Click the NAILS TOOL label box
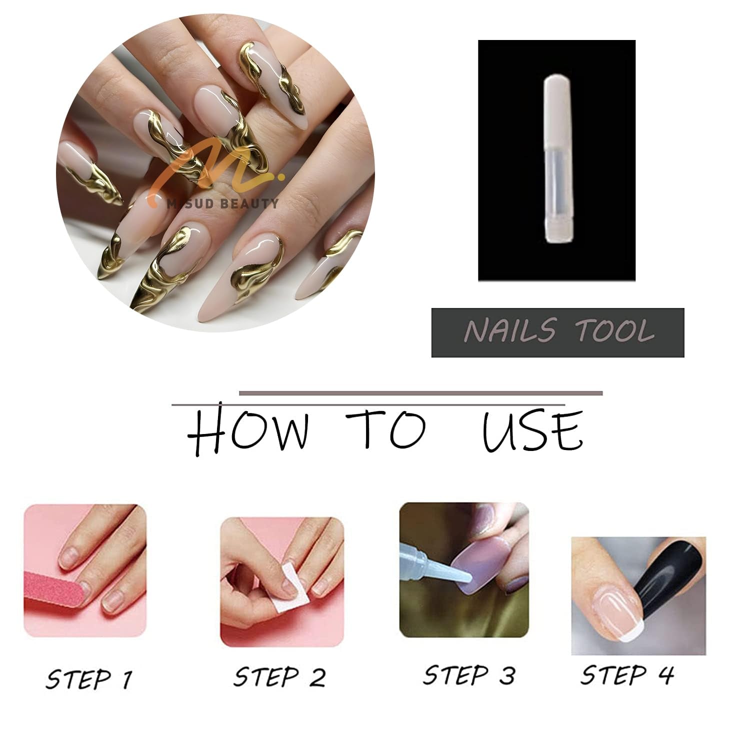point(557,332)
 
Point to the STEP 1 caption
point(89,679)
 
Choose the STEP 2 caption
point(279,677)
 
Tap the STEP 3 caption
point(468,675)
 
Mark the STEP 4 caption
point(627,675)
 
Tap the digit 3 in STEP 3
point(506,675)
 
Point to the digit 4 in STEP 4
point(665,675)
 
